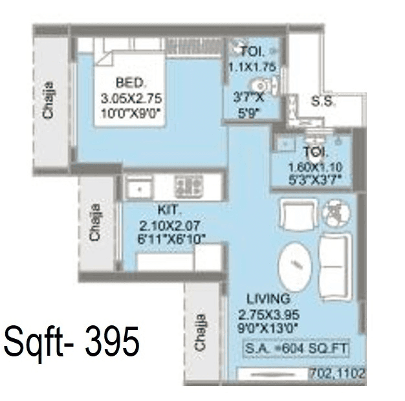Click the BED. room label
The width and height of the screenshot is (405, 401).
pos(131,83)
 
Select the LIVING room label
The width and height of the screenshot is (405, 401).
pos(268,299)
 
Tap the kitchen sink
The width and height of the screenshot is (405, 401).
pos(139,188)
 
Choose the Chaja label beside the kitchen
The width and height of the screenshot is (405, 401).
pos(95,223)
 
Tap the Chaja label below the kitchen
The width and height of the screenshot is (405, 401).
pos(201,332)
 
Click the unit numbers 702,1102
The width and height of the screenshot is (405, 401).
pos(338,374)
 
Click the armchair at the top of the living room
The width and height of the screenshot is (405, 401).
pos(294,213)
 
